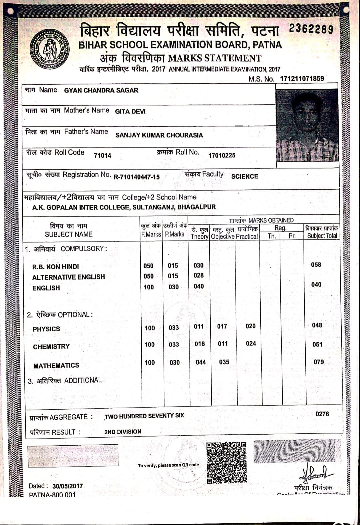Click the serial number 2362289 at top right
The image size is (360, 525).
[311, 29]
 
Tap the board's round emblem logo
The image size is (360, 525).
[49, 49]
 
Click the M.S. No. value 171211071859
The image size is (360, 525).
[302, 79]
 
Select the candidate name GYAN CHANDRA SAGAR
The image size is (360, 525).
[101, 90]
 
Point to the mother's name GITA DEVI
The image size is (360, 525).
[130, 111]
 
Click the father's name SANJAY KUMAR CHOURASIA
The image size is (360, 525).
[159, 135]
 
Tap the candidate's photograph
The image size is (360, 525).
[307, 125]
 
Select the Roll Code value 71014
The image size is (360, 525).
[103, 155]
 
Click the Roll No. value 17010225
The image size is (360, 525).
[222, 155]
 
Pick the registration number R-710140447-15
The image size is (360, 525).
[137, 177]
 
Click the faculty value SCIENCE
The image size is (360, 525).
[244, 176]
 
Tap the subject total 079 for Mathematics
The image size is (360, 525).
[319, 362]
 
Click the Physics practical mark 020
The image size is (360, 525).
[250, 326]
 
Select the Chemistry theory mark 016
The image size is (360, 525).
[200, 344]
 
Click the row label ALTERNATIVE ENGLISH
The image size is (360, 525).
[68, 277]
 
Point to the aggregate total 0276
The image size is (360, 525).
[322, 414]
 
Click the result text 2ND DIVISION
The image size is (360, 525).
[123, 432]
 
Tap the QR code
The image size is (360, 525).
[226, 463]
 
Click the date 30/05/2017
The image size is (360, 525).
[67, 486]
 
